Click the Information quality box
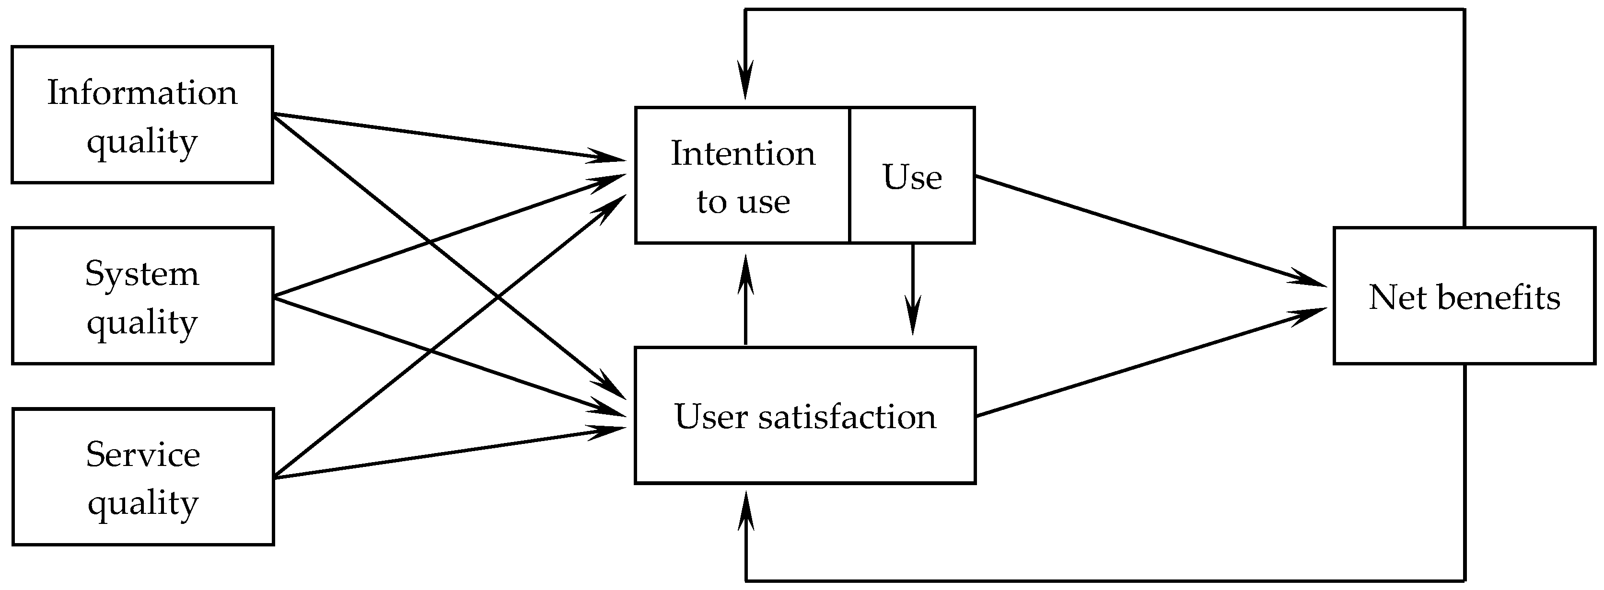point(142,114)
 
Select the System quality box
point(142,295)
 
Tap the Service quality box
point(142,477)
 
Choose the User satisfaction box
point(804,415)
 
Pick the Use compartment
point(912,175)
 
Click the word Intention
point(742,153)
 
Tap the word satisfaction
point(847,416)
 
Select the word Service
point(142,454)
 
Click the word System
point(142,273)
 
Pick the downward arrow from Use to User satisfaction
point(913,286)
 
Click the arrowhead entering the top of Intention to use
point(745,81)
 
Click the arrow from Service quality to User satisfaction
point(448,453)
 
